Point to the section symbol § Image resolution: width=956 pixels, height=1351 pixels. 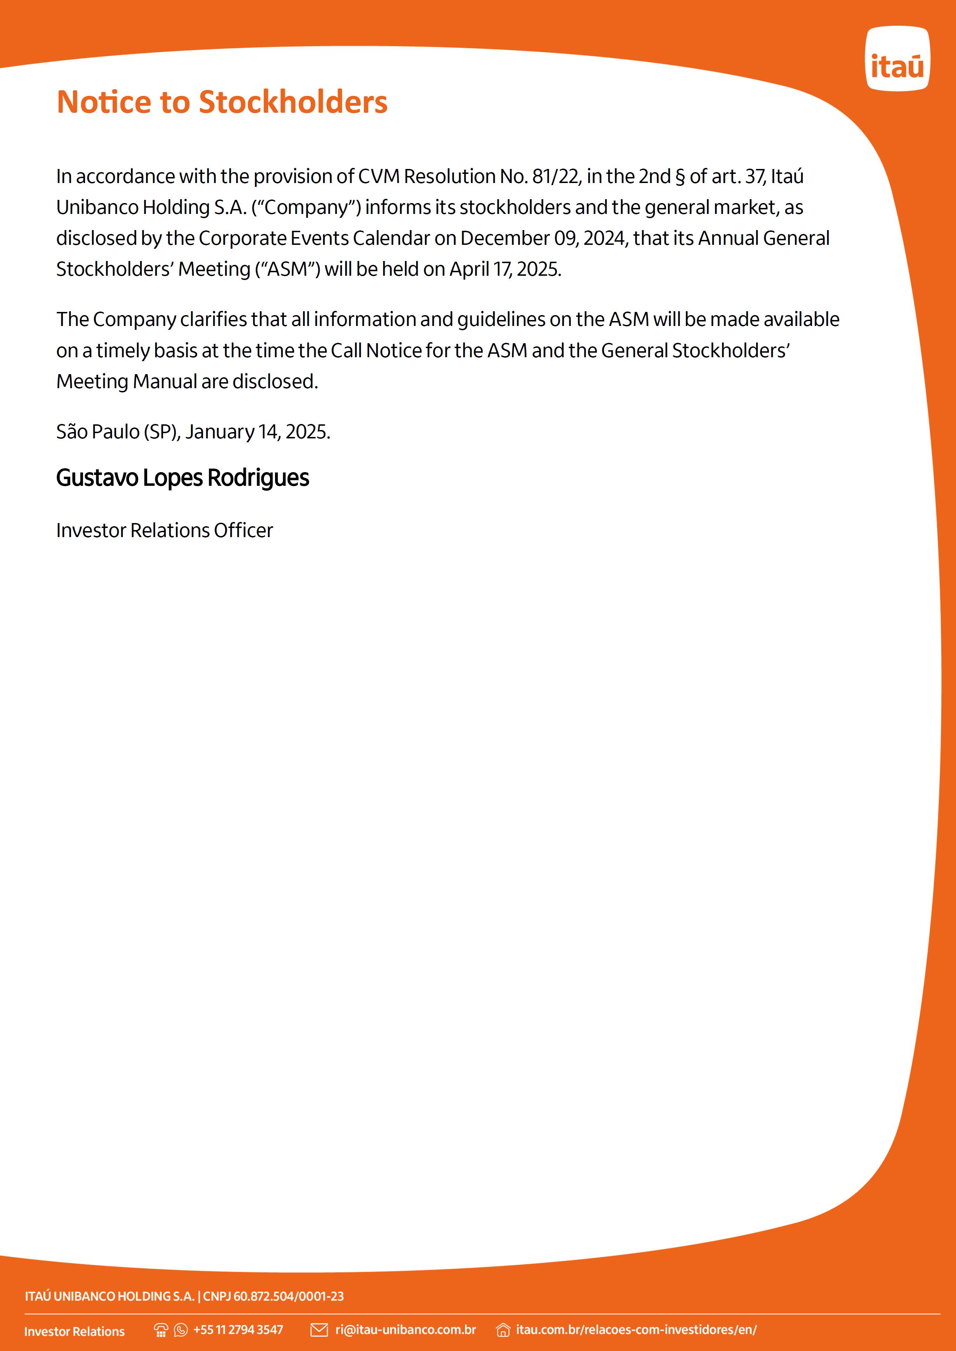[680, 177]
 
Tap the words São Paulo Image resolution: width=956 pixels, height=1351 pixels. [98, 432]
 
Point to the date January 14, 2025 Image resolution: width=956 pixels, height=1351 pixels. [257, 432]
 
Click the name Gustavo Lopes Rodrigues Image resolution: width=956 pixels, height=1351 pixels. [183, 478]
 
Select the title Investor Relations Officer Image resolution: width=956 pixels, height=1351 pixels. [165, 530]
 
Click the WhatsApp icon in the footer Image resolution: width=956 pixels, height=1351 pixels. [181, 1330]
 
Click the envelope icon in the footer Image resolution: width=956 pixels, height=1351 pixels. [319, 1330]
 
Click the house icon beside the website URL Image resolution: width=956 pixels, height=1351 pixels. [503, 1330]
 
